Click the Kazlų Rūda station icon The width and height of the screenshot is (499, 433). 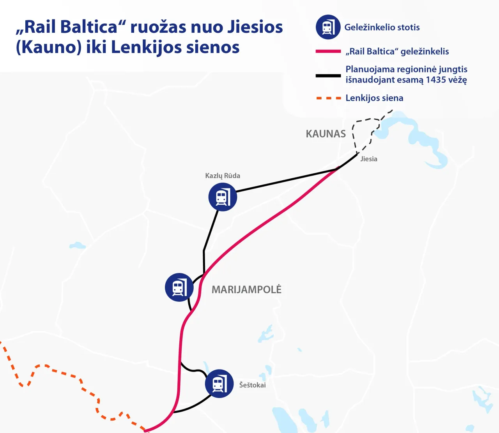[x=223, y=197]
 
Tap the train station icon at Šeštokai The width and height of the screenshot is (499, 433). [x=219, y=384]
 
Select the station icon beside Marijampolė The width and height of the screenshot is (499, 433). [x=179, y=287]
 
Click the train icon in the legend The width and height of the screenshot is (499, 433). [x=328, y=27]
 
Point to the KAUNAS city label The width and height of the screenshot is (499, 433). [x=326, y=134]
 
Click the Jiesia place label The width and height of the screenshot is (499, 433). [x=368, y=159]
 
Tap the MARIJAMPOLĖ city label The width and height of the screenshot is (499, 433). [x=246, y=290]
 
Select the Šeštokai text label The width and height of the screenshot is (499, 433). [x=252, y=385]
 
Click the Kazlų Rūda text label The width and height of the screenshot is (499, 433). [x=223, y=176]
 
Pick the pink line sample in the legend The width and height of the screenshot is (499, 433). [x=328, y=51]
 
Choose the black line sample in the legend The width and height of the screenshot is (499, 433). [x=328, y=75]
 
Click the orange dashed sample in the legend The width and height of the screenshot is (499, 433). [x=328, y=98]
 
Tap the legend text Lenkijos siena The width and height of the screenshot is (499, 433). [x=374, y=98]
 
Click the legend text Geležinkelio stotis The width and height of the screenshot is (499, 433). [x=382, y=27]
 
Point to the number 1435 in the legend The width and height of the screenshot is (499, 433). [x=435, y=80]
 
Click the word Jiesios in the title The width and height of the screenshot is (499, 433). [x=255, y=27]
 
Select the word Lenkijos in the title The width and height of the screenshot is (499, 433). [x=146, y=48]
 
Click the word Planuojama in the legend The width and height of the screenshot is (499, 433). [x=369, y=69]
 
